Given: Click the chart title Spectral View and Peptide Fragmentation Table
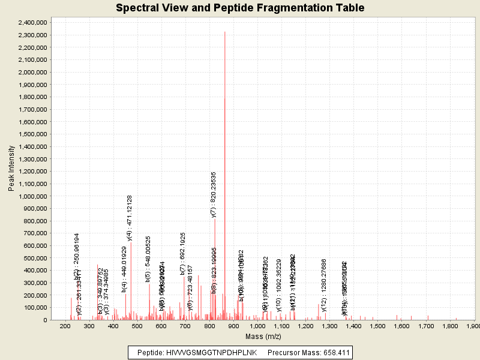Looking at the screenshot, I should pos(240,8).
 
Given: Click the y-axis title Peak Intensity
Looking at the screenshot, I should pos(11,171).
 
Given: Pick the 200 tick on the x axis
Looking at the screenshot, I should pos(65,326).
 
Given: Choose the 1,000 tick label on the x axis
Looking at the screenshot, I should pos(257,326).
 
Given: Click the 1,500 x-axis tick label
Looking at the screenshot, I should pos(377,326).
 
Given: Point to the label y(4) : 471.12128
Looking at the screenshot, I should pos(130,218).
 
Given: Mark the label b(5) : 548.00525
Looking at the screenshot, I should pos(148,259).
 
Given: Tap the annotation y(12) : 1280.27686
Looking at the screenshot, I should pos(324,285).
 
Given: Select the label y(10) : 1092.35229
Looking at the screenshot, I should pos(279,285).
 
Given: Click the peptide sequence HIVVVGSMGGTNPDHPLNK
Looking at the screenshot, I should pos(211,352).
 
